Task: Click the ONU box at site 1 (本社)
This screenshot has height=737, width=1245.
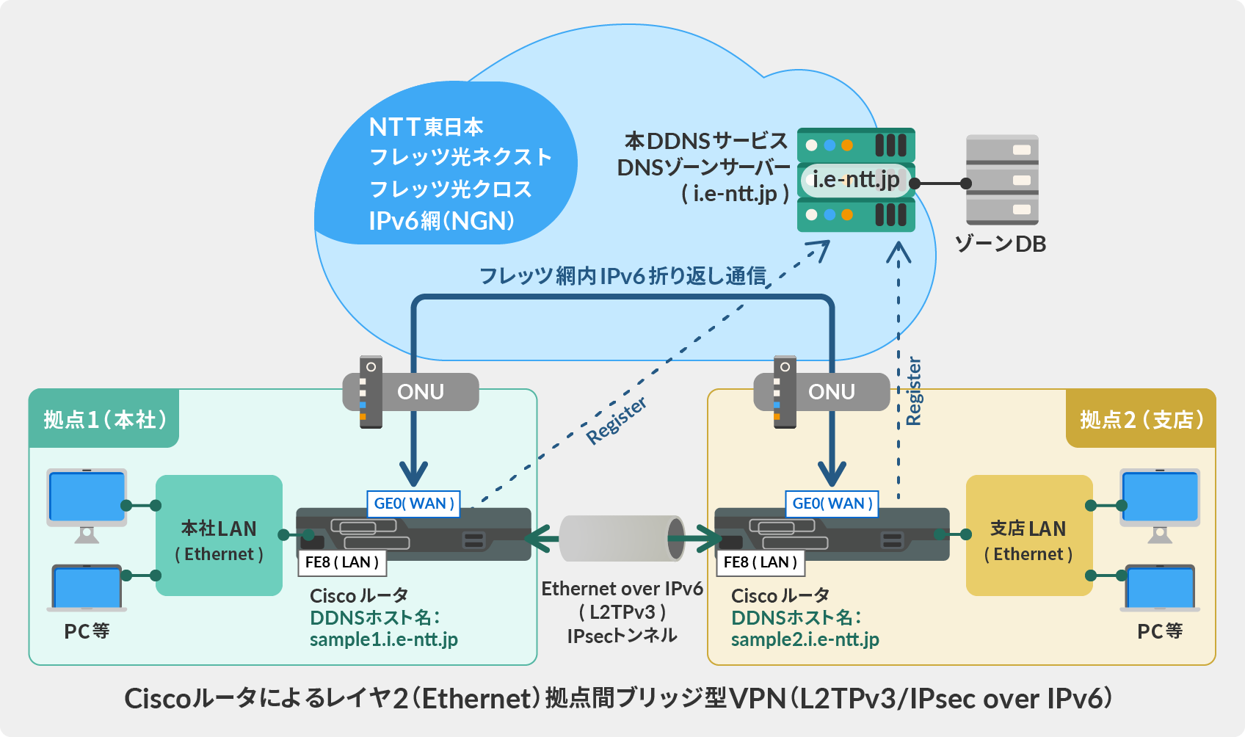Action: (420, 392)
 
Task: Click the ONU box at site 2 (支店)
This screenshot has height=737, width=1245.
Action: (831, 392)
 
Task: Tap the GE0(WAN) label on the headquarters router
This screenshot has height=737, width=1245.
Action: (413, 504)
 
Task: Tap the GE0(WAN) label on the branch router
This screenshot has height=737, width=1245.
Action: (832, 504)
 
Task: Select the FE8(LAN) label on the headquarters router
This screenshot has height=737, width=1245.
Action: (342, 562)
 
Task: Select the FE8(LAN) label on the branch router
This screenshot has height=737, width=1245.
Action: (761, 562)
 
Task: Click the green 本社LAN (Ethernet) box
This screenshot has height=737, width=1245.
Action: (219, 536)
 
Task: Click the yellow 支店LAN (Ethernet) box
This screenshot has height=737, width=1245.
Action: (1028, 536)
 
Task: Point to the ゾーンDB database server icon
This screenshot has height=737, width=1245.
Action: (1002, 180)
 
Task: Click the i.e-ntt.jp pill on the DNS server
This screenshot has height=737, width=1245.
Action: (856, 179)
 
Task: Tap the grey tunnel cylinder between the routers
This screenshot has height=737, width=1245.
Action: (621, 539)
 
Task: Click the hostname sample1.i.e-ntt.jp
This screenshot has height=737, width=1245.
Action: (383, 639)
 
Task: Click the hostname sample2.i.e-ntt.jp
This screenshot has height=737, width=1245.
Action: (805, 639)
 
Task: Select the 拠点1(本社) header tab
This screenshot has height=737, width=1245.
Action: (104, 419)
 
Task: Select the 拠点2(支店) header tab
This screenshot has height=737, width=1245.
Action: (1141, 419)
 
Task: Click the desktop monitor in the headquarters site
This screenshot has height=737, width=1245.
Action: (87, 499)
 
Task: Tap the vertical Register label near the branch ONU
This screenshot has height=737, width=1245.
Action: (913, 391)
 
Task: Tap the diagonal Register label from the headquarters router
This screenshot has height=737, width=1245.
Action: (617, 420)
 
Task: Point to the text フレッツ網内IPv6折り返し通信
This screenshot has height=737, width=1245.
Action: (622, 276)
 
